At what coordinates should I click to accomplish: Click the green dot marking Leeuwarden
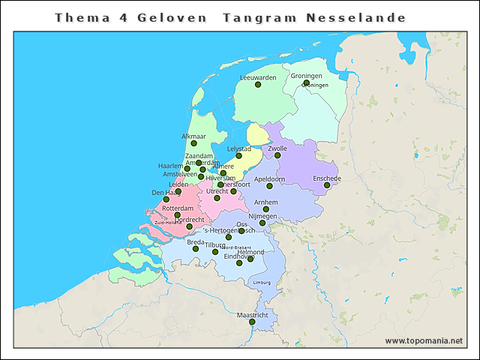click(258, 85)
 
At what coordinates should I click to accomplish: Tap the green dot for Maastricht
click(252, 322)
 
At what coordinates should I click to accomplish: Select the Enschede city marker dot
click(327, 185)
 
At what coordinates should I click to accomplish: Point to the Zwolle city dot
click(277, 155)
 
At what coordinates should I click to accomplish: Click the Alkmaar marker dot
click(193, 143)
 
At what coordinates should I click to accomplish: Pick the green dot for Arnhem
click(266, 208)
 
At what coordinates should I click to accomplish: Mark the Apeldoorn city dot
click(269, 187)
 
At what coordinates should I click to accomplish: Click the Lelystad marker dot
click(238, 156)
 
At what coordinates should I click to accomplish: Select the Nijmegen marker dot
click(262, 223)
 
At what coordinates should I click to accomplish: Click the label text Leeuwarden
click(258, 77)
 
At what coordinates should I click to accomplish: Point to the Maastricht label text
click(252, 315)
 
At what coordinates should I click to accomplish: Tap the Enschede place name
click(327, 178)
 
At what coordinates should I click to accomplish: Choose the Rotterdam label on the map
click(178, 208)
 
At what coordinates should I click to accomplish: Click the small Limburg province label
click(262, 282)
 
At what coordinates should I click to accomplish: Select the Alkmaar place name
click(194, 136)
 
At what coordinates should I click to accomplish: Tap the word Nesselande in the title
click(356, 17)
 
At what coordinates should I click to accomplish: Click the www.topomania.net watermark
click(424, 340)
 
